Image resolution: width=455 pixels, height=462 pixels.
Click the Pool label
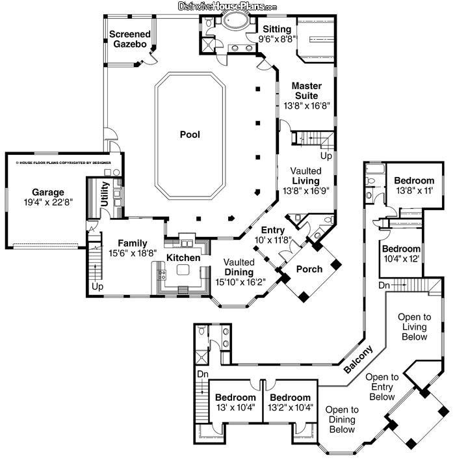coord(190,135)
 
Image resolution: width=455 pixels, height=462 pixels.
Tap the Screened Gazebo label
coord(130,39)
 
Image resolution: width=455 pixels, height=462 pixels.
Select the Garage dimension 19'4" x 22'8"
coord(48,202)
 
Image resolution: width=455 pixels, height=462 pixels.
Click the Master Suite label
coord(306,90)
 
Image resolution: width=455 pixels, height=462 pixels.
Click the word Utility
coord(105,193)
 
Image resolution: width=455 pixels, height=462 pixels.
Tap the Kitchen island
coord(183,269)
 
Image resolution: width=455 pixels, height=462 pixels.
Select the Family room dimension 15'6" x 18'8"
coord(133,253)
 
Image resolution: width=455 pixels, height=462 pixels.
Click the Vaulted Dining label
coord(239,267)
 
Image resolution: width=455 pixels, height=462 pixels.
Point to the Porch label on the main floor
coord(309,269)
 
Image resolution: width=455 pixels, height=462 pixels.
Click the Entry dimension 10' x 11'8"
coord(273,240)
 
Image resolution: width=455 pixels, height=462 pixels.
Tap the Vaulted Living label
coord(305,176)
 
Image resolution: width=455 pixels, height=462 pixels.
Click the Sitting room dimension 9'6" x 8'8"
coord(277,39)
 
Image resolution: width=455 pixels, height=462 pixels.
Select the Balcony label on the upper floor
coord(358,359)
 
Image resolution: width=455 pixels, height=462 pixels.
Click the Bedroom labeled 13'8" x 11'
coord(414,180)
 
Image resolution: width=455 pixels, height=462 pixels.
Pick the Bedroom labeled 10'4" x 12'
coord(401,249)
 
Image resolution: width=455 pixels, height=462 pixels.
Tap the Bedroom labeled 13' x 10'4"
coord(235,398)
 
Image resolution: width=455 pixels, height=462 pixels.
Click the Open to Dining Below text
coord(342,420)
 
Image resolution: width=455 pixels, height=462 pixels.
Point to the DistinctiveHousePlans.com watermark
coord(227,6)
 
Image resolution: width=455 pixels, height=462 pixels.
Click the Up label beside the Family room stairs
coord(97,286)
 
